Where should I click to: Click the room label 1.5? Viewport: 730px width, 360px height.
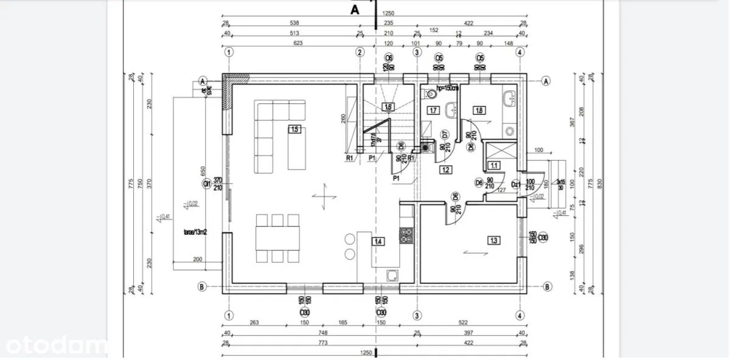coord(295,129)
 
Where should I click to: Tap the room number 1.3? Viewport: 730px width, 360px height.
coord(493,240)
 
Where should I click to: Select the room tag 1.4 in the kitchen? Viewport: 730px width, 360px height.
coord(378,241)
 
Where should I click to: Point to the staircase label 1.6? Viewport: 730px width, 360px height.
coord(388,107)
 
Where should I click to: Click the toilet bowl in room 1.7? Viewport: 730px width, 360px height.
coord(431,94)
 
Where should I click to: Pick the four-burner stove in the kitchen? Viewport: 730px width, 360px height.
coord(406,235)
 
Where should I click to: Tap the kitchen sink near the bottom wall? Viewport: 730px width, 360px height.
coord(394,274)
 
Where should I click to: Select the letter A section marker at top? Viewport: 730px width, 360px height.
coord(355,9)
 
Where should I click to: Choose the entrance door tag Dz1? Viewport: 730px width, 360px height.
coord(516,184)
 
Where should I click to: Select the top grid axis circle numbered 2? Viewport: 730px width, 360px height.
coord(360,52)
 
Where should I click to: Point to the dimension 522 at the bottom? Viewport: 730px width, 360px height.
coord(467,323)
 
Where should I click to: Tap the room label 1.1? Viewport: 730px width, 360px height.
coord(495,165)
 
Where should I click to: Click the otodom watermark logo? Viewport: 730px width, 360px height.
coord(53,347)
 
